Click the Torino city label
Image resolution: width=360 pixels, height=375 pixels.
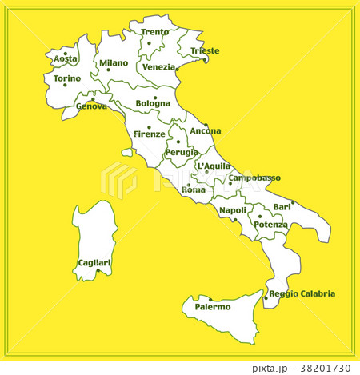(67, 78)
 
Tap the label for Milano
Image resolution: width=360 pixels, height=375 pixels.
(114, 62)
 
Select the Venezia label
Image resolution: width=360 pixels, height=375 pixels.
(159, 67)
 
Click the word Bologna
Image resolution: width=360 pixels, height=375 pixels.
(153, 103)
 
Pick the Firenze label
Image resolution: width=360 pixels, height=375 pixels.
(150, 134)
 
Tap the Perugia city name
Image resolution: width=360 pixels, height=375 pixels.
(182, 152)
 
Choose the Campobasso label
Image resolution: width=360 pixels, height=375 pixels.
(254, 178)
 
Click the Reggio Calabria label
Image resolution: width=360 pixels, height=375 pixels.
(302, 293)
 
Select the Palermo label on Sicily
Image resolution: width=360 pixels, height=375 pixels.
(213, 306)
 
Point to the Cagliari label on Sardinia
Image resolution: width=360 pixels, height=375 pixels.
(94, 262)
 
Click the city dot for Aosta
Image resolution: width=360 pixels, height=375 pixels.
(66, 54)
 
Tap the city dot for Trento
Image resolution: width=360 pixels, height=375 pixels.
(150, 43)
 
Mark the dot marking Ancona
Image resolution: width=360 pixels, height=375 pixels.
(206, 125)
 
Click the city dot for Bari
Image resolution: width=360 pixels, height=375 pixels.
(293, 202)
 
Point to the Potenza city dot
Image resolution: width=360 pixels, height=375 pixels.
(259, 216)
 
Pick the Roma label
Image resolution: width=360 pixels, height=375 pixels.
(194, 189)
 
